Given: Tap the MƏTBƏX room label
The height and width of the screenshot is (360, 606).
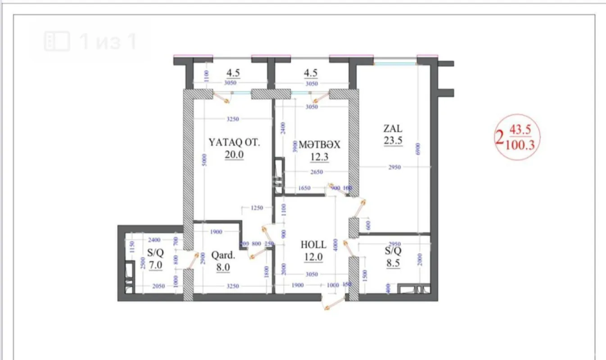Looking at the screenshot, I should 320,145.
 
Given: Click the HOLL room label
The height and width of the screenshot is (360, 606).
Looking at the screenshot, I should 313,244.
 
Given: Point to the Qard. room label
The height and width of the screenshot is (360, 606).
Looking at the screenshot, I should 223,255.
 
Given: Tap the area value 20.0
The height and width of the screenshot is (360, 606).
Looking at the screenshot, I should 234,154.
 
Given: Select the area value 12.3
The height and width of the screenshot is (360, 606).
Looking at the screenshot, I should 320,157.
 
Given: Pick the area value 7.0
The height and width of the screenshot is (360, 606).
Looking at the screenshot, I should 156,265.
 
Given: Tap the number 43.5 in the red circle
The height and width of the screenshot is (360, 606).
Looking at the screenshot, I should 520,130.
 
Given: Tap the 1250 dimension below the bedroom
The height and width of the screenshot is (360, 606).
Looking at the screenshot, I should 257,208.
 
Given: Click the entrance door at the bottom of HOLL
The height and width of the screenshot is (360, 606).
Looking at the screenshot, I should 334,304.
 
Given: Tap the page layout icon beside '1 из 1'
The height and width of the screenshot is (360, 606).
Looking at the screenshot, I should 57,41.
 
